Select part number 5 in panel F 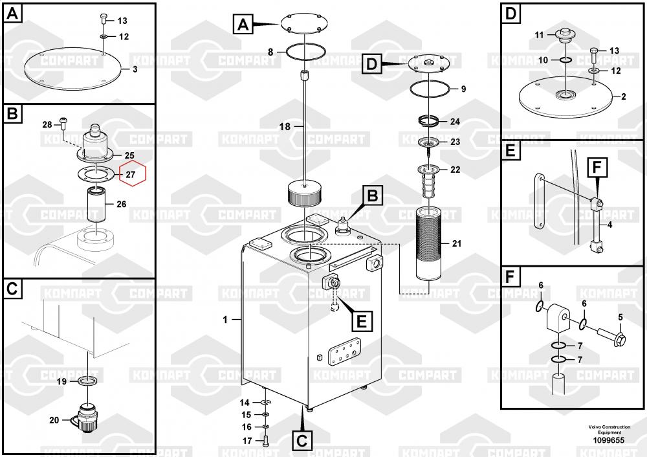coord(620,317)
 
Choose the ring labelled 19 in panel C coord(89,381)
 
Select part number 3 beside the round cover coord(135,69)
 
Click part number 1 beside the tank coord(225,319)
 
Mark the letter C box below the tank coord(302,441)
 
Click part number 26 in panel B coord(121,205)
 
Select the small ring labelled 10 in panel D coord(564,60)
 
